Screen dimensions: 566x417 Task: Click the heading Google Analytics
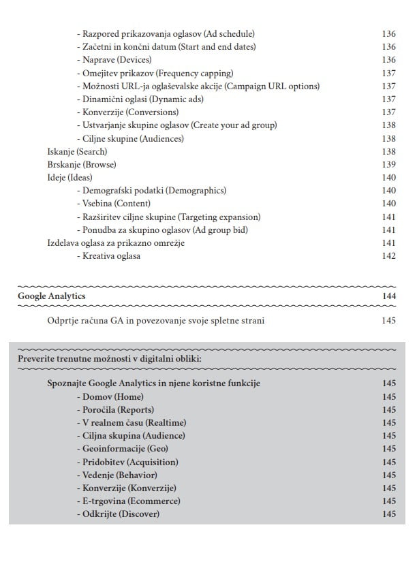[52, 296]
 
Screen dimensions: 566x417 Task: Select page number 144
[389, 296]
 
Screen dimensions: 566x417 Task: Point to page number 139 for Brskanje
[389, 165]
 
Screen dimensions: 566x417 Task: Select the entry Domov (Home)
[110, 396]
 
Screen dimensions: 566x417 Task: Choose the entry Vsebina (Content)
[114, 204]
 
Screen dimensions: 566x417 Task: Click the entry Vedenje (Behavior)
[117, 475]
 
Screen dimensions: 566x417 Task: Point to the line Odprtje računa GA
[156, 320]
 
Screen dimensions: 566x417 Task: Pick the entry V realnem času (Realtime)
[132, 423]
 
